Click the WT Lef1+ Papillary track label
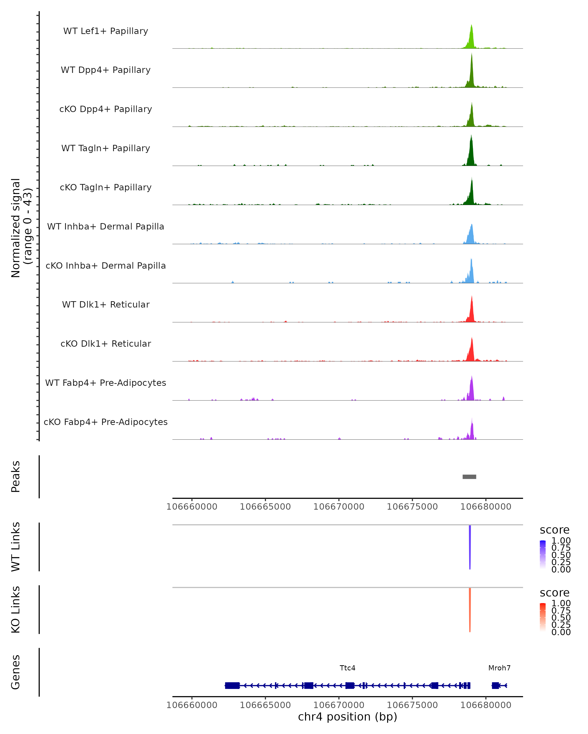106,31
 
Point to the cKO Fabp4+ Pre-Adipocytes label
106,422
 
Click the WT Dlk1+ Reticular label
106,304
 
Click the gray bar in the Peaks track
469,477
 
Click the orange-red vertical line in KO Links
470,610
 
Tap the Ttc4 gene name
347,668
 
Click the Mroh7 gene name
499,668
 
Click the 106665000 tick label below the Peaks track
265,507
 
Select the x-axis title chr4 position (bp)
347,717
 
